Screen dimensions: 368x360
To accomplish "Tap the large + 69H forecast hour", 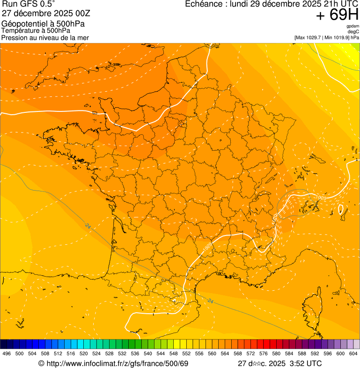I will [x=337, y=15].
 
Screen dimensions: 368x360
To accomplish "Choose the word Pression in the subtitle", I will [x=15, y=37].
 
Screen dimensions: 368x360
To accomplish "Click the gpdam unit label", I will [x=353, y=26].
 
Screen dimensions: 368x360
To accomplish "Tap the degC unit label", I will [x=353, y=31].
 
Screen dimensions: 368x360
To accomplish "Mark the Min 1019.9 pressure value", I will [x=336, y=37].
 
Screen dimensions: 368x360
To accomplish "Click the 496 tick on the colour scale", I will [x=7, y=354].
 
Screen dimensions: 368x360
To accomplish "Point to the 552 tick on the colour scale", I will [x=186, y=354].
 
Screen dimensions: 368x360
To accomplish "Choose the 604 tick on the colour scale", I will [x=353, y=354].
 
